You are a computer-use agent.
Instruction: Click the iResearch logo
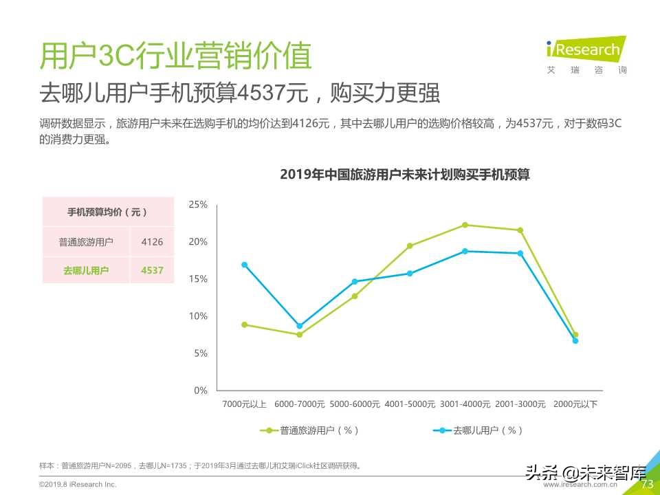point(584,49)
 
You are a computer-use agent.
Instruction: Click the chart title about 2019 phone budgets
point(405,175)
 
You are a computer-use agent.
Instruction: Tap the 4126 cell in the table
point(152,242)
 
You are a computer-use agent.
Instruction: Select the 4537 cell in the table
point(152,270)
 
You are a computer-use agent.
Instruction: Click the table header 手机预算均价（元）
point(108,212)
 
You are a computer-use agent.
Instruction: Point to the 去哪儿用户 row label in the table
point(86,270)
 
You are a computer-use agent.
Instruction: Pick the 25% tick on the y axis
point(198,205)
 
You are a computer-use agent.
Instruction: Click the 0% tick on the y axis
point(200,390)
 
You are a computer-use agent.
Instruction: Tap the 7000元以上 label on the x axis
point(244,404)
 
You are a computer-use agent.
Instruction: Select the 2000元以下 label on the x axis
point(575,404)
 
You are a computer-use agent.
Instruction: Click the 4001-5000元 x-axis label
point(410,404)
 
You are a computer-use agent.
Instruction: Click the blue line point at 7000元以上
point(244,265)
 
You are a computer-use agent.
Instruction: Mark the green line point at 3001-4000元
point(465,225)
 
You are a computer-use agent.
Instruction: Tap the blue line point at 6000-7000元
point(299,326)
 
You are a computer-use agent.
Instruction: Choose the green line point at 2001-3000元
point(520,230)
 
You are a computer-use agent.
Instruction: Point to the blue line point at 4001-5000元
point(410,274)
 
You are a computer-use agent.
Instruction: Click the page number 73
point(646,484)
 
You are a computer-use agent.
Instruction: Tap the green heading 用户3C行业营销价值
point(175,56)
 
